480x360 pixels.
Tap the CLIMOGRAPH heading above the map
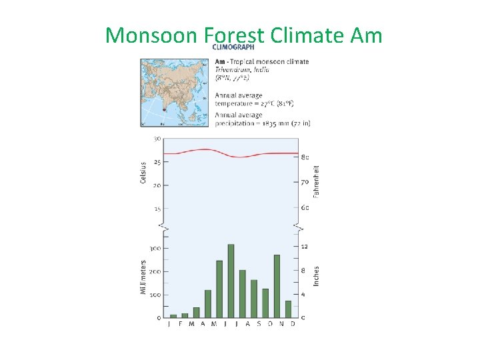click(233, 47)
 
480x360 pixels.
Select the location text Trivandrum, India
click(243, 70)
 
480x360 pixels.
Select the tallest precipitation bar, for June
click(231, 281)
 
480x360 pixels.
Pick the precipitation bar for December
click(288, 309)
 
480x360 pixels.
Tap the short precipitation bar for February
click(185, 315)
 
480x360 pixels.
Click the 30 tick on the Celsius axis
click(157, 139)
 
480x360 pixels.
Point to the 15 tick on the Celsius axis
click(157, 209)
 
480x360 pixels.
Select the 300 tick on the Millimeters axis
click(154, 249)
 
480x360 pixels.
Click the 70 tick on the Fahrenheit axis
click(305, 181)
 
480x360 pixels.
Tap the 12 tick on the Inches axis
click(305, 247)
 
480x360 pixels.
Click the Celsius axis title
click(143, 173)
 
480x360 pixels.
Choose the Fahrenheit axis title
click(317, 181)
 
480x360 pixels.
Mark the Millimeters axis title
click(143, 278)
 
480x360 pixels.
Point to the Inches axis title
click(317, 276)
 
